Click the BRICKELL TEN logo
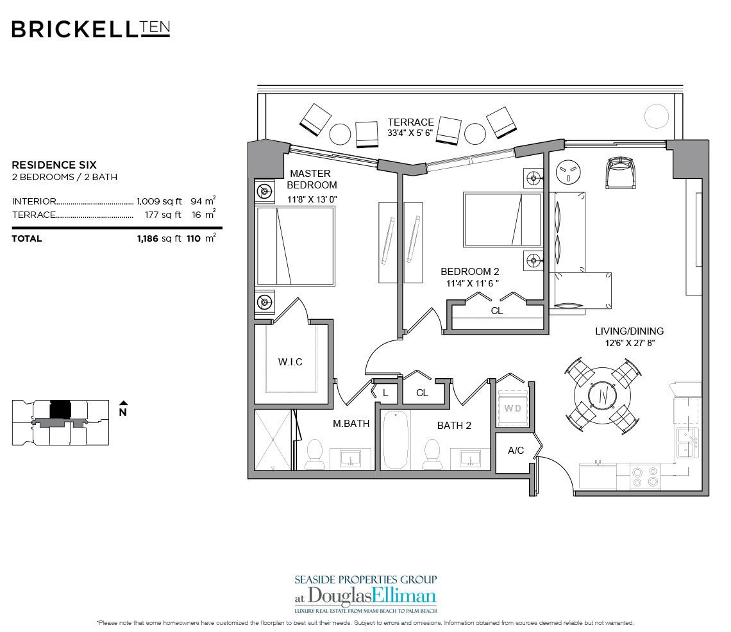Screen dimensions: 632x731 [90, 29]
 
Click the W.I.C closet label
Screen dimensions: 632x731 [290, 362]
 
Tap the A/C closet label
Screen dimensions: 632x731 [516, 451]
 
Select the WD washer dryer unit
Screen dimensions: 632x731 [512, 408]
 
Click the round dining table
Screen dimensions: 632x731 [603, 397]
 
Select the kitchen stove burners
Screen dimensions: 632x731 [645, 476]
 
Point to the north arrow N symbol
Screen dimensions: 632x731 [122, 410]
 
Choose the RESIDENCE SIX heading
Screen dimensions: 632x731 [54, 165]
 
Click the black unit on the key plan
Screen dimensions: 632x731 [60, 408]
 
